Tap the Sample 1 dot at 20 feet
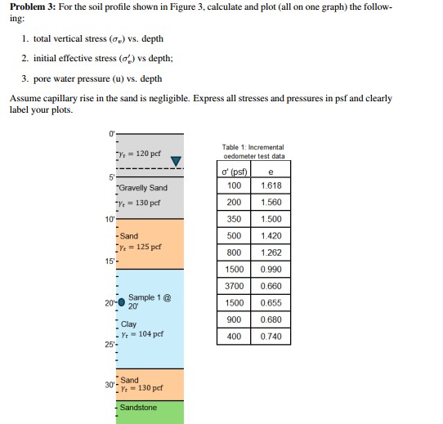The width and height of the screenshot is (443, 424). tap(122, 301)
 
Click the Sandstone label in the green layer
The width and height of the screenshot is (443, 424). tap(138, 407)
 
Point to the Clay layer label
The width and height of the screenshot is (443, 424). tap(128, 324)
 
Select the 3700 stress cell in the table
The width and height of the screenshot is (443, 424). tap(234, 286)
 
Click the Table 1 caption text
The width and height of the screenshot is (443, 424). tap(253, 150)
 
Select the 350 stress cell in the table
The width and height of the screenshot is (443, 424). tap(234, 219)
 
